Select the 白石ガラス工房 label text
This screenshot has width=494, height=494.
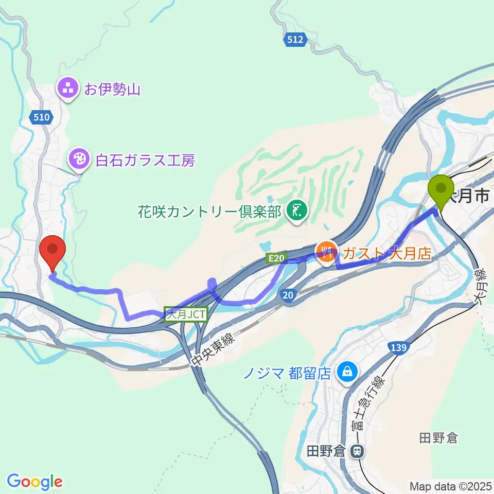(146, 160)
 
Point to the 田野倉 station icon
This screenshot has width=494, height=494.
(356, 452)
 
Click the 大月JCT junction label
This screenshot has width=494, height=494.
(186, 314)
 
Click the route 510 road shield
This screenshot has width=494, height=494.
(42, 117)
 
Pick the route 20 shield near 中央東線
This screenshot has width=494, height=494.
(288, 294)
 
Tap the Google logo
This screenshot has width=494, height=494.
(34, 481)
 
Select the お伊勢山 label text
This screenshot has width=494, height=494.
(112, 91)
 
